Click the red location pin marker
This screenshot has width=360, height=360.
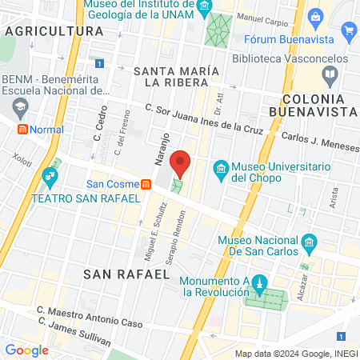(x=181, y=163)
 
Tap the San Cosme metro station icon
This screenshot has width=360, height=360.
(x=146, y=184)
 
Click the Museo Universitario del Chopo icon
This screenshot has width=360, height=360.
(x=221, y=168)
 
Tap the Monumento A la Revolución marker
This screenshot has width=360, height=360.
(x=258, y=282)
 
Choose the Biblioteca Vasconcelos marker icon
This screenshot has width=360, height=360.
(x=330, y=74)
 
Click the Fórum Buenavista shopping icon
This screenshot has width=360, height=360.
(x=348, y=31)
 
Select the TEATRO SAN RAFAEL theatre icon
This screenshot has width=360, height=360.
(x=49, y=174)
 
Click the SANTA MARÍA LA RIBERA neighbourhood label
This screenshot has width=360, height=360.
(x=176, y=76)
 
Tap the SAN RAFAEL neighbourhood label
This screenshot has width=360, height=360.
(x=126, y=274)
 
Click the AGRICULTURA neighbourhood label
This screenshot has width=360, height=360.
(x=54, y=30)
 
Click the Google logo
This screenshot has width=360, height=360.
(x=26, y=350)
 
